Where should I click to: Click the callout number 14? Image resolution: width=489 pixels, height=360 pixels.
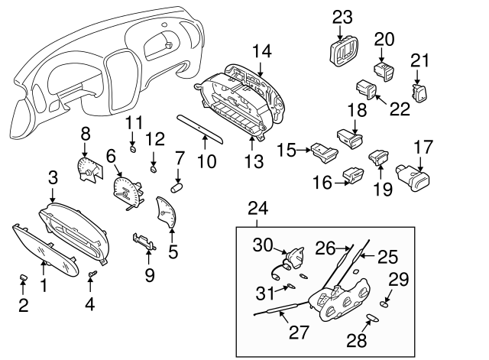coord(262,51)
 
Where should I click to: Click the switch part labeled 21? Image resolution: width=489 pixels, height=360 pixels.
coord(419,94)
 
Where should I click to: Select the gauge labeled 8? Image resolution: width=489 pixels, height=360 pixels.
coord(89,168)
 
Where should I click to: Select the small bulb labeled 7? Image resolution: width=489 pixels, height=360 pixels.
coord(177,185)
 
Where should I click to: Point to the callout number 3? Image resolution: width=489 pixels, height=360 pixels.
coord(53,178)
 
